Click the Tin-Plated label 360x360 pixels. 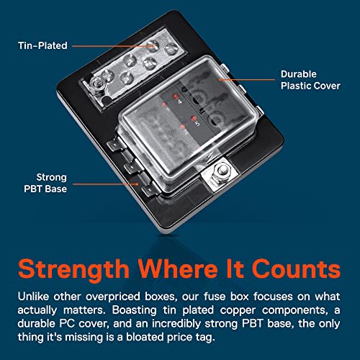point(42,45)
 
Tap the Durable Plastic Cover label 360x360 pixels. point(310,80)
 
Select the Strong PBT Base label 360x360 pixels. point(45,183)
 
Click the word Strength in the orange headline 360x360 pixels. point(74,269)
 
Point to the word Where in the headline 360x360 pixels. point(177,269)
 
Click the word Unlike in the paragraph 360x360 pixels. point(33,297)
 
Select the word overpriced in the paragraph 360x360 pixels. point(113,297)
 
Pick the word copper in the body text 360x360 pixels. point(238,310)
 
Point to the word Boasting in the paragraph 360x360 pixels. point(134,310)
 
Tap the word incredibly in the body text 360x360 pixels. point(176,324)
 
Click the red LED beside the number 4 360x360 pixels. point(175,96)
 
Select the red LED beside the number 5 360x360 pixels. point(193,118)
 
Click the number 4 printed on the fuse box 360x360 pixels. point(180,102)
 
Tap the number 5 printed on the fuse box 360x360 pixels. point(197,123)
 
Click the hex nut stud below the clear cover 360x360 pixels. point(221,171)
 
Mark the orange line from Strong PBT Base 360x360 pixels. point(106,184)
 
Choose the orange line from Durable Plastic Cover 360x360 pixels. point(247,79)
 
